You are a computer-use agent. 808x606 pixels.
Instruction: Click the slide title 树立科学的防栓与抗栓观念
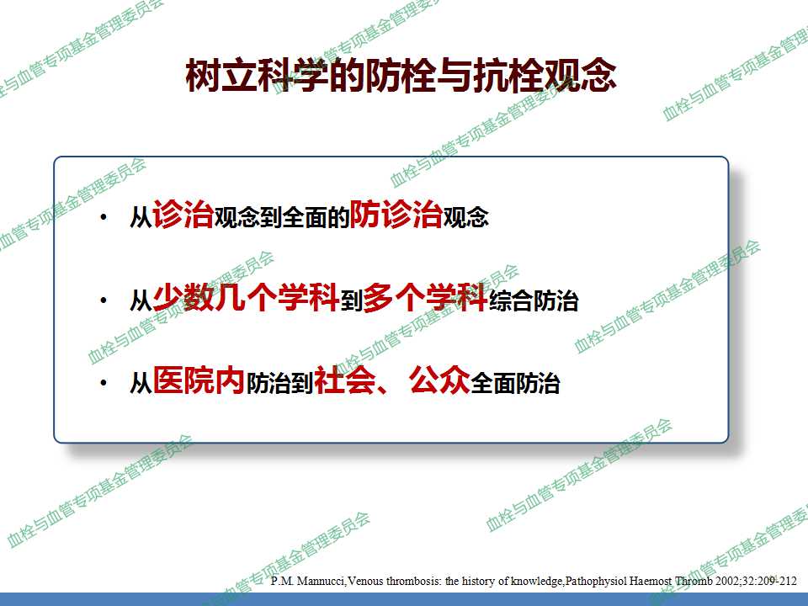pos(401,75)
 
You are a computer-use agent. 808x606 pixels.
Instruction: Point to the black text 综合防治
pos(534,300)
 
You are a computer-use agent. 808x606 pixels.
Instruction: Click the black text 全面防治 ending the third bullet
pos(515,384)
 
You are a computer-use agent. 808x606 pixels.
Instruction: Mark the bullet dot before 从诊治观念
pos(104,217)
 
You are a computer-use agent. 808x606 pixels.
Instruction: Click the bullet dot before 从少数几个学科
pos(104,300)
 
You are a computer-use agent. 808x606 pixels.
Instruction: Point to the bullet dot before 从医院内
pos(104,383)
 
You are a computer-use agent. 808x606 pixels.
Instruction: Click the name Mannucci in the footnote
pos(322,582)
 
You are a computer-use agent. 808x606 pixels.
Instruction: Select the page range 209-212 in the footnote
pos(777,582)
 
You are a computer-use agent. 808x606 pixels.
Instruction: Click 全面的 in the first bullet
pos(316,217)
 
